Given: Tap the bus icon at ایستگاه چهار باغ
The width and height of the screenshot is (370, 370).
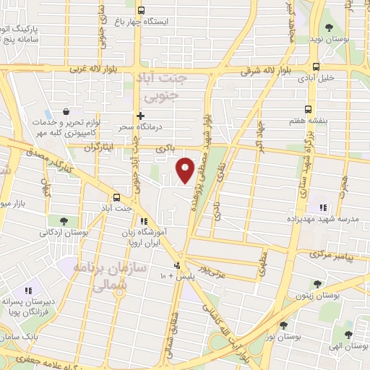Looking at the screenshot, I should (x=140, y=11).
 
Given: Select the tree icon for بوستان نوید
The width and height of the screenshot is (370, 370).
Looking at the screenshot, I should (x=329, y=28).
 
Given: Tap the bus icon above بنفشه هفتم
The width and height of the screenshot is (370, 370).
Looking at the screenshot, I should (x=309, y=109).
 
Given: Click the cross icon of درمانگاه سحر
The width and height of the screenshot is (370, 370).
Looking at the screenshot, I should (x=140, y=115).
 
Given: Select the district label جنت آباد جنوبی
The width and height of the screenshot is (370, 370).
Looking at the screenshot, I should (x=165, y=87).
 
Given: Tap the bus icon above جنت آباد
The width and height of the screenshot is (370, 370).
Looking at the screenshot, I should (x=116, y=197).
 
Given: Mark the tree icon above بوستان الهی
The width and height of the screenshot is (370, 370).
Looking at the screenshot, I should (x=348, y=334).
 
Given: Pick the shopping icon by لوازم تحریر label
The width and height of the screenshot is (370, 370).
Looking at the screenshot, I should (x=66, y=112).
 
